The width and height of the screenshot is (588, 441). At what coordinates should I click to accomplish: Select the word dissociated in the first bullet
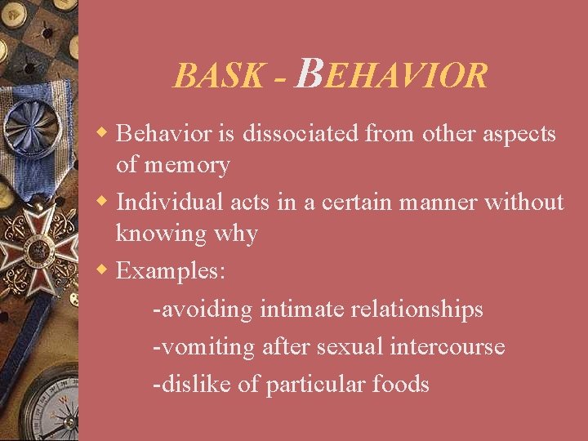point(288,133)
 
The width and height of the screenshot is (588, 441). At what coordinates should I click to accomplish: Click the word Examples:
point(171,270)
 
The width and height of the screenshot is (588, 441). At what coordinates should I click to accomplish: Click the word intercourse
point(452,347)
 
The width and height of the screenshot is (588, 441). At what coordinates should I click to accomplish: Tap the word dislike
point(193,384)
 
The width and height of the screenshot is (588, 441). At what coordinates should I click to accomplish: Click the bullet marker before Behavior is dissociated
point(103,132)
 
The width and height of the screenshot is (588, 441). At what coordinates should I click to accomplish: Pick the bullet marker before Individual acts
point(103,200)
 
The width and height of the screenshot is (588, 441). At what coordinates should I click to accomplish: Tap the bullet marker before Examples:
point(103,269)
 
